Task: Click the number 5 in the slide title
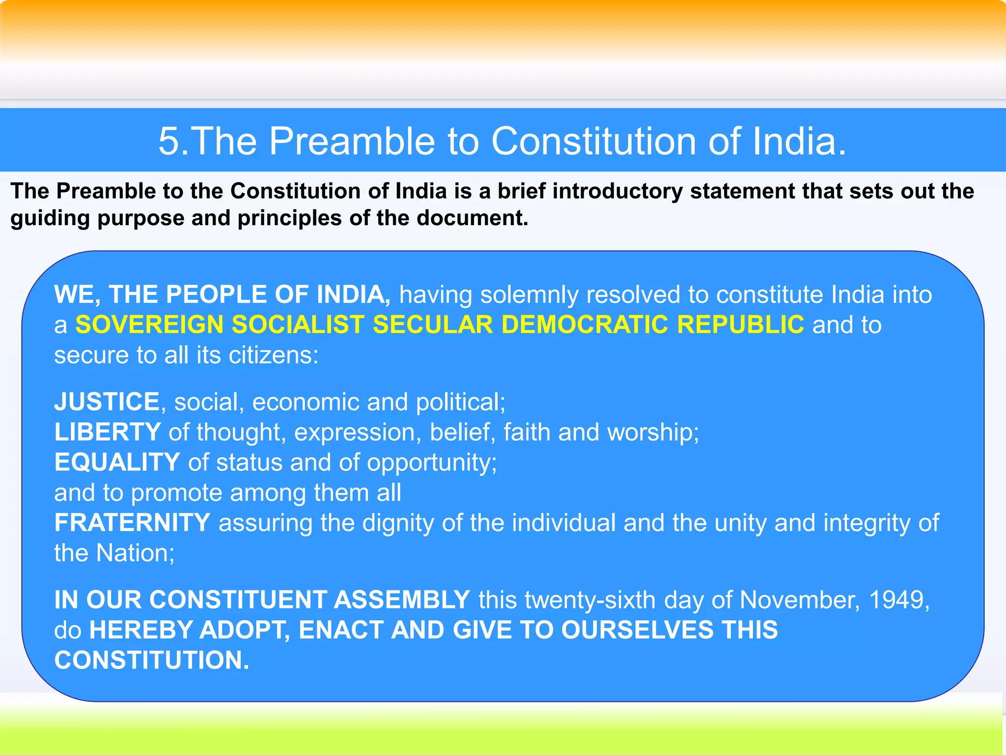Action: coord(170,142)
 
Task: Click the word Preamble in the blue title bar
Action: coord(352,142)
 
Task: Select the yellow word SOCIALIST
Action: coord(298,325)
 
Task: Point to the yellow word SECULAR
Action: coord(433,325)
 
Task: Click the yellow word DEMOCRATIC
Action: coord(585,325)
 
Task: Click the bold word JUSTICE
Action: coord(107,402)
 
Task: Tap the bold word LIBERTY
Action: coord(108,433)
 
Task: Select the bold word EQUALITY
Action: coord(117,463)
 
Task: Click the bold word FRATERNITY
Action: coord(132,523)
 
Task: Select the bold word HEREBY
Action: coord(141,630)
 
